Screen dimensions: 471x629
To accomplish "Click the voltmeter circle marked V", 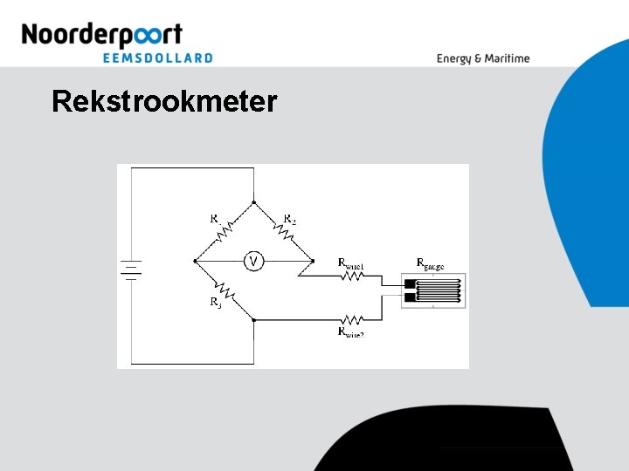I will pyautogui.click(x=253, y=261).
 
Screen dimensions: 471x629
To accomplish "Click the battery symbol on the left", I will pyautogui.click(x=131, y=270).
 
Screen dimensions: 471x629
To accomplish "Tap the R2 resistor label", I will pyautogui.click(x=290, y=219).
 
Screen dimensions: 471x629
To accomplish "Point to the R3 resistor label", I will pyautogui.click(x=215, y=304).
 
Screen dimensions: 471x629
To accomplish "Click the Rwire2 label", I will pyautogui.click(x=351, y=332).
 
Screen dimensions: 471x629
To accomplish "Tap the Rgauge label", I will pyautogui.click(x=430, y=263).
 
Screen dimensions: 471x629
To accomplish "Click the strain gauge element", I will pyautogui.click(x=433, y=291).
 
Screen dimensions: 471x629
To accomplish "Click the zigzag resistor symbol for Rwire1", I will pyautogui.click(x=351, y=276).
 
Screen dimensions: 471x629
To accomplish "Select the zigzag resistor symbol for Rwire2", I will pyautogui.click(x=351, y=319).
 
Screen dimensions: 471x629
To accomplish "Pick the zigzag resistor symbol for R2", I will pyautogui.click(x=284, y=231).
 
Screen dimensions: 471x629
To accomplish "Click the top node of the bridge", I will pyautogui.click(x=253, y=201).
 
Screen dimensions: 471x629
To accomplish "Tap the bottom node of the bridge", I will pyautogui.click(x=253, y=319).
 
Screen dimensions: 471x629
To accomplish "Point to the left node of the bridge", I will pyautogui.click(x=193, y=261).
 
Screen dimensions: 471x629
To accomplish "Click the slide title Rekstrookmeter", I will pyautogui.click(x=164, y=102).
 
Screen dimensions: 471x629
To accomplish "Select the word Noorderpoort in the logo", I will pyautogui.click(x=101, y=35).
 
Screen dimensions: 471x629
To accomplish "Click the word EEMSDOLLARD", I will pyautogui.click(x=157, y=58).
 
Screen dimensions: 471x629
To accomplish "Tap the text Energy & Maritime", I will pyautogui.click(x=483, y=58).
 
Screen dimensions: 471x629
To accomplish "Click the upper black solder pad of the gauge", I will pyautogui.click(x=410, y=283).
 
